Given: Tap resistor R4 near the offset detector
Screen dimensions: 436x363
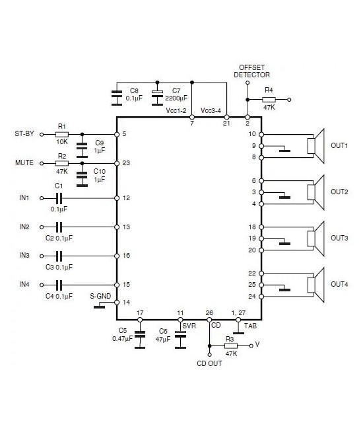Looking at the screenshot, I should coord(269,100).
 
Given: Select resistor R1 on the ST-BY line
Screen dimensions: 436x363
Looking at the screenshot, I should coord(62,134).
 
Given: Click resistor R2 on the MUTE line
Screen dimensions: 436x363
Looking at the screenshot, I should coord(62,163).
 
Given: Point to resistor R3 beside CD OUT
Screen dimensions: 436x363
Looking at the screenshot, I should coord(230,345).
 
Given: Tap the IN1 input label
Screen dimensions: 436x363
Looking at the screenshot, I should coord(24,198).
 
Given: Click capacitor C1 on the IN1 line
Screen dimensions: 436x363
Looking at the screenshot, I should coord(59,198).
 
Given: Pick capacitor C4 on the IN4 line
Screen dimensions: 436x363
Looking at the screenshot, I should coord(59,285).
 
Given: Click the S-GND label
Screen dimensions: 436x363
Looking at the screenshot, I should coord(100,297).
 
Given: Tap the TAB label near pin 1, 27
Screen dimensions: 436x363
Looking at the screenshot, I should coord(249,326).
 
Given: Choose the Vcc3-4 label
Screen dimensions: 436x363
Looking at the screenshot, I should coord(211,110).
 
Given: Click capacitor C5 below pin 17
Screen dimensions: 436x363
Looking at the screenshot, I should coord(139,335).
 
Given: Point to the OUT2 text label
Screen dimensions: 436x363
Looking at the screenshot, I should coord(339,192).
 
